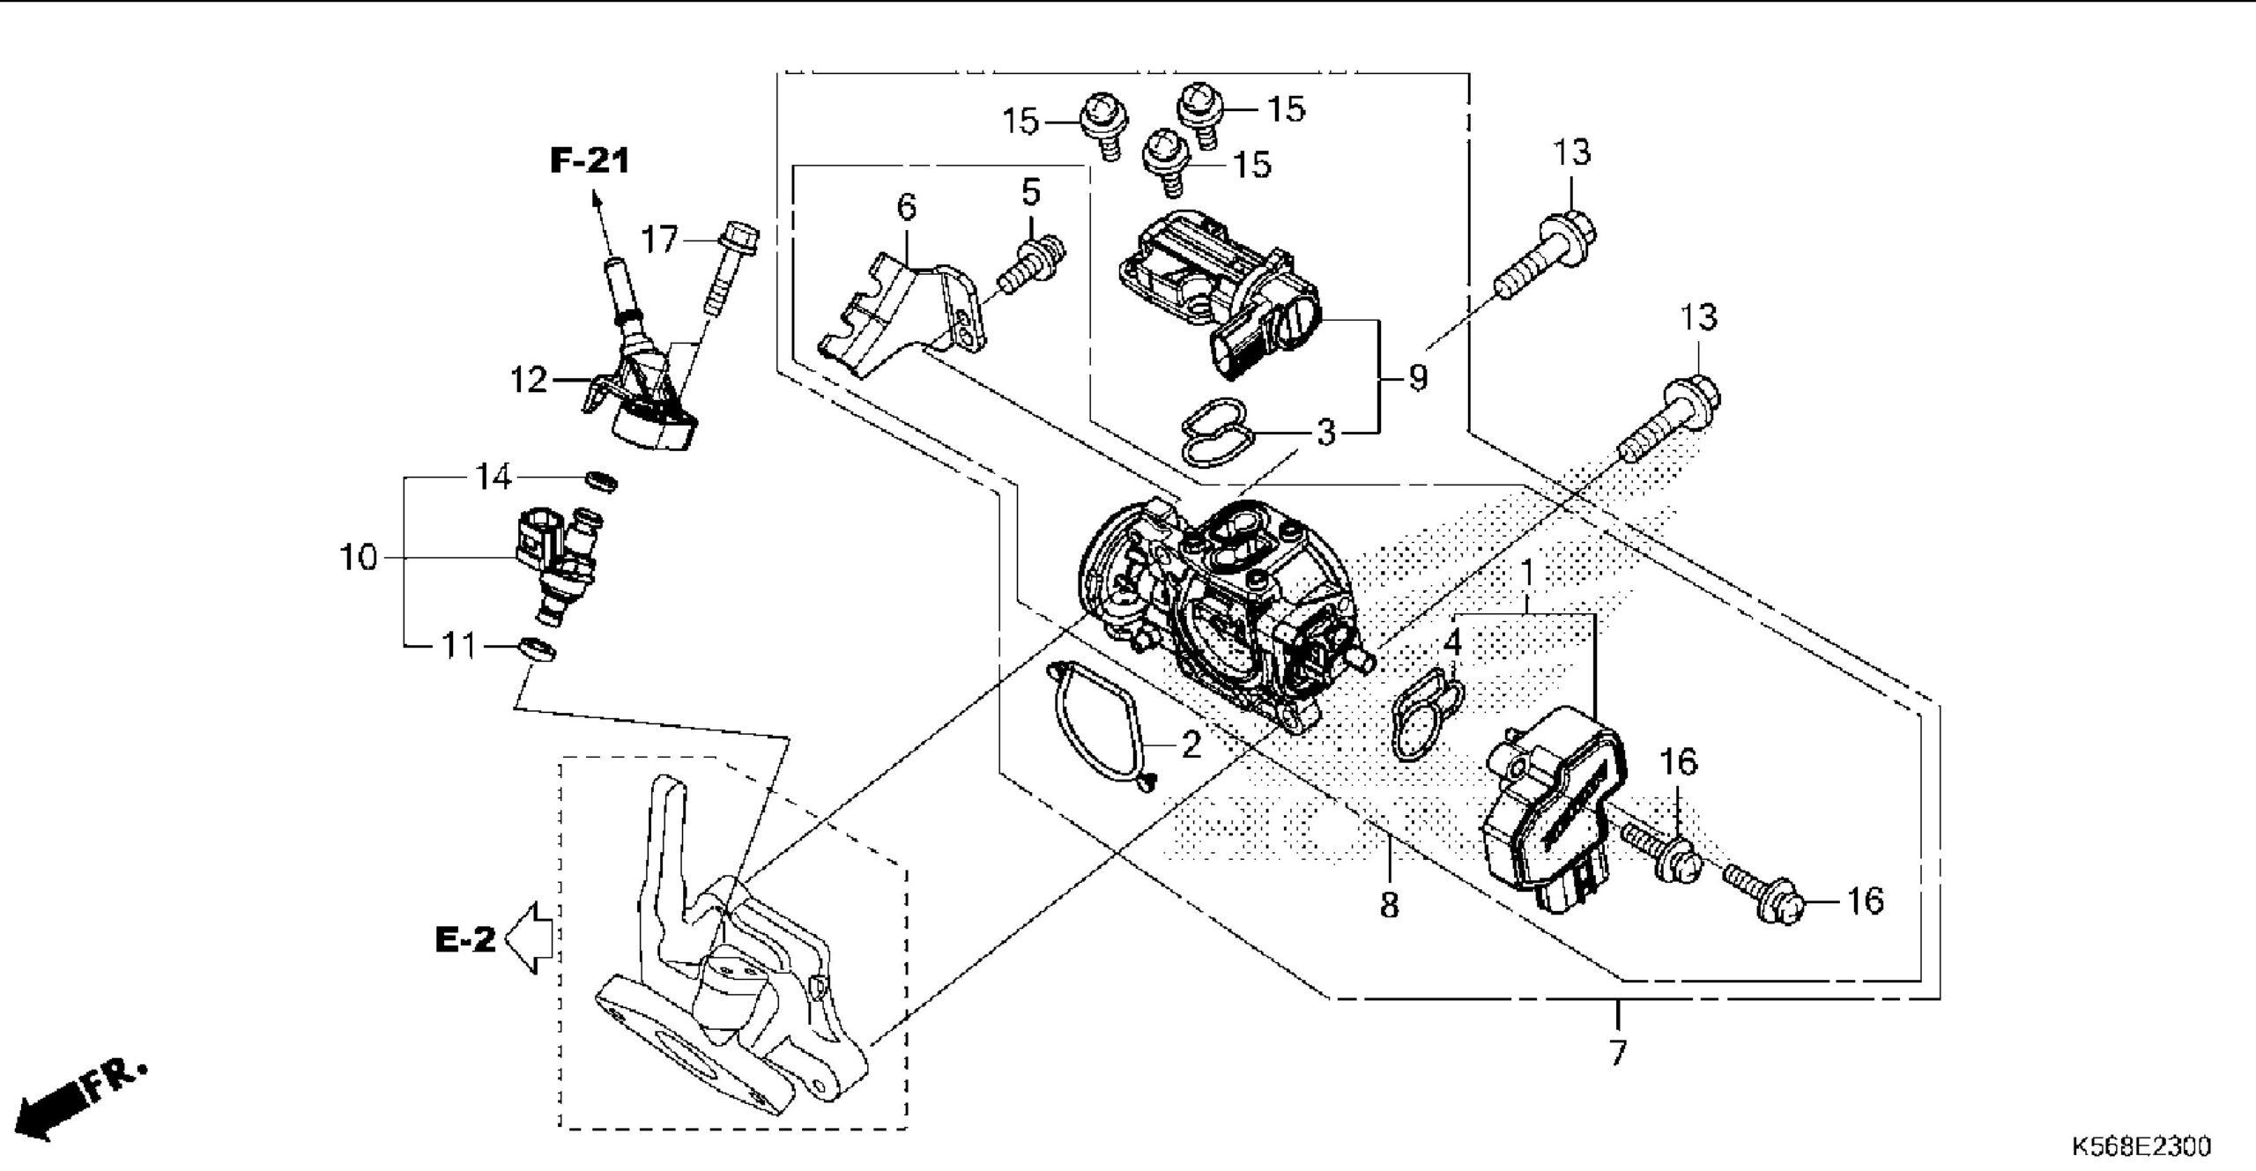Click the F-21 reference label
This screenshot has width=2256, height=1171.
tap(590, 160)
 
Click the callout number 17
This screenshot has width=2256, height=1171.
tap(659, 239)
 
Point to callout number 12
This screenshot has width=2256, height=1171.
tap(529, 381)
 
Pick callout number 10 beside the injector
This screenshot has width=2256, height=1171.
tap(359, 558)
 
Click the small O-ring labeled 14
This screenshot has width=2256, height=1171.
tap(601, 481)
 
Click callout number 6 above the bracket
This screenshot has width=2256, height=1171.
tap(906, 208)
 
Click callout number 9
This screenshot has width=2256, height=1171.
tap(1417, 378)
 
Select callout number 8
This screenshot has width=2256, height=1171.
tap(1389, 905)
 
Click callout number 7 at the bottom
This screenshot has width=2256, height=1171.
tap(1618, 1053)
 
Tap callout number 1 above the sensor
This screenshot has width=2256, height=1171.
tap(1527, 574)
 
